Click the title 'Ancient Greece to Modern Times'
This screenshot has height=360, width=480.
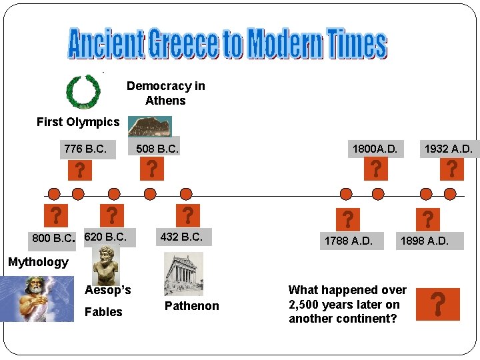[x=227, y=44]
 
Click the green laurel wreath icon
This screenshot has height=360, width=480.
[x=83, y=91]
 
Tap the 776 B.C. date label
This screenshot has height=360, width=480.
[x=85, y=149]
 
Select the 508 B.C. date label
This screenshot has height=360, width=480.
[x=157, y=149]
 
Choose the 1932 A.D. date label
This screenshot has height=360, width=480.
[x=448, y=149]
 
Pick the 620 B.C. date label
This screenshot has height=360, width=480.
[x=105, y=237]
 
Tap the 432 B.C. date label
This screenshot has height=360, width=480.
[x=181, y=237]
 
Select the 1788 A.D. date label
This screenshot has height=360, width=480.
[x=349, y=241]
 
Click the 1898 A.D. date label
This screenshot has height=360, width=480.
[x=424, y=241]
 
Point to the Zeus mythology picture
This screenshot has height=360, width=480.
[x=37, y=299]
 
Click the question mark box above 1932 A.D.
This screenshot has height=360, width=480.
[x=452, y=169]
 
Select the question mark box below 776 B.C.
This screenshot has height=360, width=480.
[x=79, y=170]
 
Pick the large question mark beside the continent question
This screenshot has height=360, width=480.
[x=437, y=305]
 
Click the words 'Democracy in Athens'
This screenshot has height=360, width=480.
[x=166, y=93]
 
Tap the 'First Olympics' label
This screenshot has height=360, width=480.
[x=78, y=122]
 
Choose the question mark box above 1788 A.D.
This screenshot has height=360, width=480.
[x=348, y=218]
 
